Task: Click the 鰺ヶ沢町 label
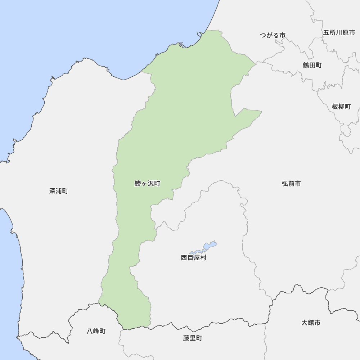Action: (x=147, y=184)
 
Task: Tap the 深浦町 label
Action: (x=59, y=191)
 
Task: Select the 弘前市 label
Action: (x=291, y=184)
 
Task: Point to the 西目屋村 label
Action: (x=194, y=258)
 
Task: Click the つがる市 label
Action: (x=273, y=35)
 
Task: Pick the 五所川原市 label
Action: (x=339, y=32)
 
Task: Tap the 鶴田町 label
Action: (x=312, y=65)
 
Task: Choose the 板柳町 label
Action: (x=341, y=107)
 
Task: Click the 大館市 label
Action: (x=311, y=323)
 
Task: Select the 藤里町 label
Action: (x=193, y=338)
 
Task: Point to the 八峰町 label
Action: (x=96, y=332)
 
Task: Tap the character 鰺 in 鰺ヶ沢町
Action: (x=138, y=184)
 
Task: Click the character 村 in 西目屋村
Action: (x=203, y=258)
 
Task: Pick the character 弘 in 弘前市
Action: (x=285, y=184)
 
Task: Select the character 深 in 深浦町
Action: (x=53, y=191)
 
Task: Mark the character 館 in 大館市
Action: (x=311, y=323)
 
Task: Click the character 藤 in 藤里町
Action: (x=186, y=338)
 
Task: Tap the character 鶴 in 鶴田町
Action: (x=306, y=65)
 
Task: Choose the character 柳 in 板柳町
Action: (x=341, y=107)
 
